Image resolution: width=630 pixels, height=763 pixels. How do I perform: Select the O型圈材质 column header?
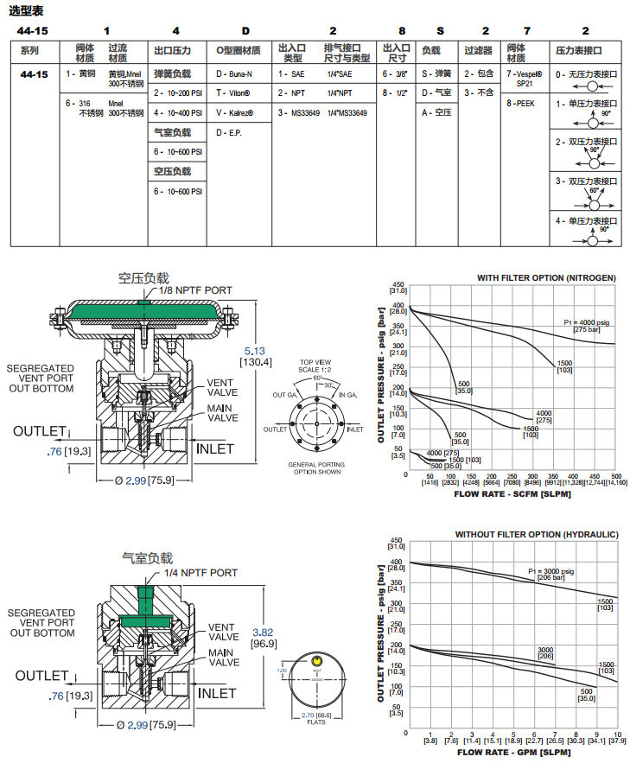[238, 50]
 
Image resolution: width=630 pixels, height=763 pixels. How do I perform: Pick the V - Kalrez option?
[233, 112]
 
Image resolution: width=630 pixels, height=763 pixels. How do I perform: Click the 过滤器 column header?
[478, 50]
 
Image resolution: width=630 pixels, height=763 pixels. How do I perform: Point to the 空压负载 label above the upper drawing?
[143, 277]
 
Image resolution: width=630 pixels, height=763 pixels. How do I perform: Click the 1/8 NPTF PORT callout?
[195, 290]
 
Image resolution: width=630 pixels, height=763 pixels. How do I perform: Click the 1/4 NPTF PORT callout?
[198, 573]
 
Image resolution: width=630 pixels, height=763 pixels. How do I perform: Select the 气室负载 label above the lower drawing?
[147, 559]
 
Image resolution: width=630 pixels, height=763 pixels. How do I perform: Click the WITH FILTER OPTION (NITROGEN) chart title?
[546, 277]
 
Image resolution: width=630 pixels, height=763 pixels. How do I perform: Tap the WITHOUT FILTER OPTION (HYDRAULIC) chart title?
[537, 535]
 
